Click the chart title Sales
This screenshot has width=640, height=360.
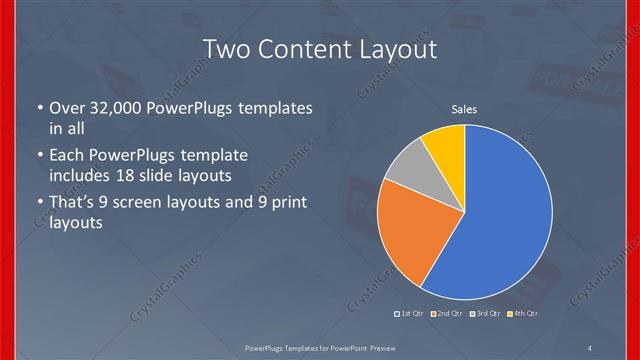pyautogui.click(x=464, y=109)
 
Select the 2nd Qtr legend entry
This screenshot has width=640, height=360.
pyautogui.click(x=447, y=313)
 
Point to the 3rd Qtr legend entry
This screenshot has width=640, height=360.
pyautogui.click(x=485, y=313)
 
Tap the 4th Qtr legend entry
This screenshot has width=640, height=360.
pyautogui.click(x=524, y=313)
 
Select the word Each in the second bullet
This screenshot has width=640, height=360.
pyautogui.click(x=66, y=156)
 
